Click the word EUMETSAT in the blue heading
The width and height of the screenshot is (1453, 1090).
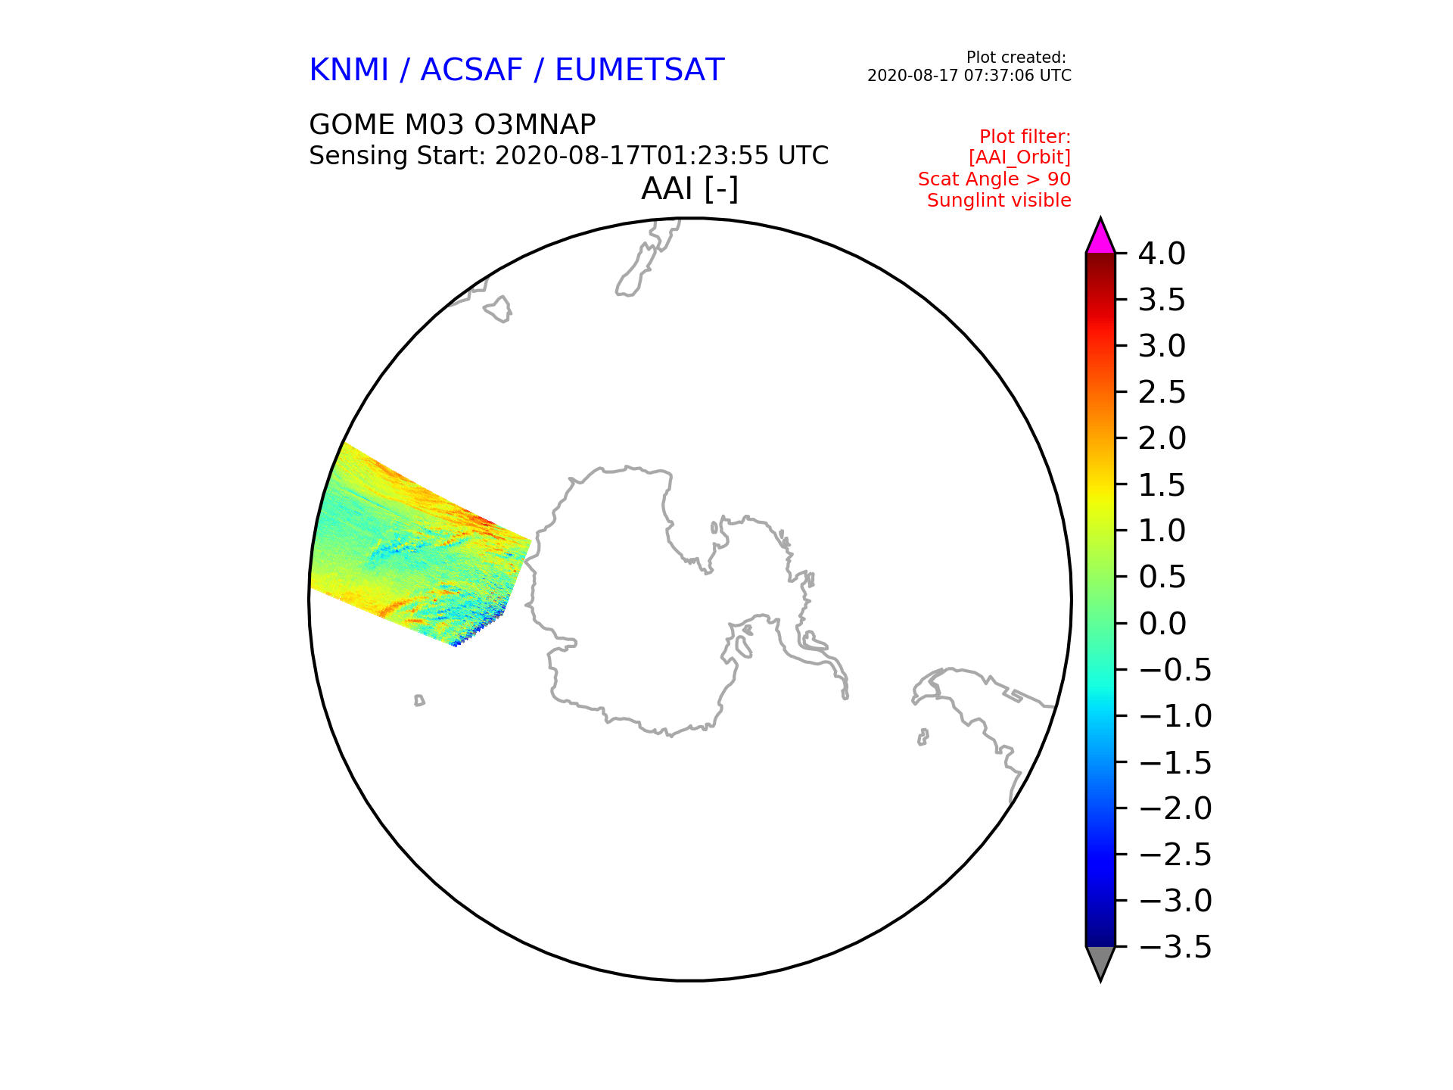coord(639,70)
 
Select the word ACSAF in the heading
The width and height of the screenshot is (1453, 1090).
coord(471,70)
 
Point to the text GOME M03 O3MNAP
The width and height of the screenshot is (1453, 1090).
coord(453,124)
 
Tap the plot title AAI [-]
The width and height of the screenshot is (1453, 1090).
coord(689,188)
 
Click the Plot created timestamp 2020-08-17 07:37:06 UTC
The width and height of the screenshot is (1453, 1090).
coord(969,76)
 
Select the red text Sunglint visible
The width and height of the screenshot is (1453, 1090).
coord(999,201)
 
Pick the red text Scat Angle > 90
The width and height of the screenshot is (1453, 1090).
coord(994,179)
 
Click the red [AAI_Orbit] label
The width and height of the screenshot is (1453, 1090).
coord(1019,157)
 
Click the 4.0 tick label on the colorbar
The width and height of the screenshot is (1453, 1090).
coord(1162,254)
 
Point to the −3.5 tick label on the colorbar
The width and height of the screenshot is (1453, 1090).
coord(1175,947)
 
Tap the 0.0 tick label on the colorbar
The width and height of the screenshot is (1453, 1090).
coord(1162,624)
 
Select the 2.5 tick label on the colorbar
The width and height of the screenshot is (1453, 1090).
coord(1162,392)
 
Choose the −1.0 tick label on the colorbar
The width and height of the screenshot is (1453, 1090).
coord(1175,716)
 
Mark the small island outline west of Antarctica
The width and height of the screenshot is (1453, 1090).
coord(419,700)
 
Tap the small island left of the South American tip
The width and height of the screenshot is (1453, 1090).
coord(923,737)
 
